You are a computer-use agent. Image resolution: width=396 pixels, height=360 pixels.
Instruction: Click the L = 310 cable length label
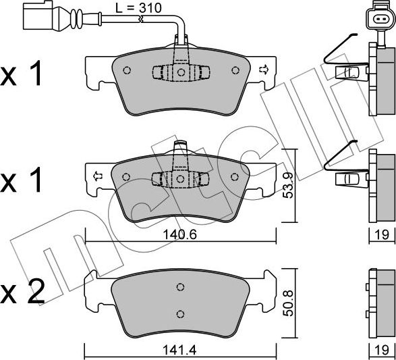click(138, 8)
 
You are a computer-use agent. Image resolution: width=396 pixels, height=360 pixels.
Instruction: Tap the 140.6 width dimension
click(179, 235)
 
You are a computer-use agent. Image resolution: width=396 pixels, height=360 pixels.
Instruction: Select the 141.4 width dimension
click(179, 351)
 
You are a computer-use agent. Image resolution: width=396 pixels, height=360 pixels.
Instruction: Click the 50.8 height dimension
click(288, 303)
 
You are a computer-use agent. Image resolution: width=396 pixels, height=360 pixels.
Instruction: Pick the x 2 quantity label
click(23, 292)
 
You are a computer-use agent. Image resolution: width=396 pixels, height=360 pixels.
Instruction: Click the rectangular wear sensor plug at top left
click(38, 16)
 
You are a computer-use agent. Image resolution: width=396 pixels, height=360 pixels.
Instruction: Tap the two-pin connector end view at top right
click(380, 18)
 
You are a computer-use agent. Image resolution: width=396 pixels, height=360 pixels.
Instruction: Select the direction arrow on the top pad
click(263, 70)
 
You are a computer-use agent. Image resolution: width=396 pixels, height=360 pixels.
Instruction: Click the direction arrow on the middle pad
click(97, 176)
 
